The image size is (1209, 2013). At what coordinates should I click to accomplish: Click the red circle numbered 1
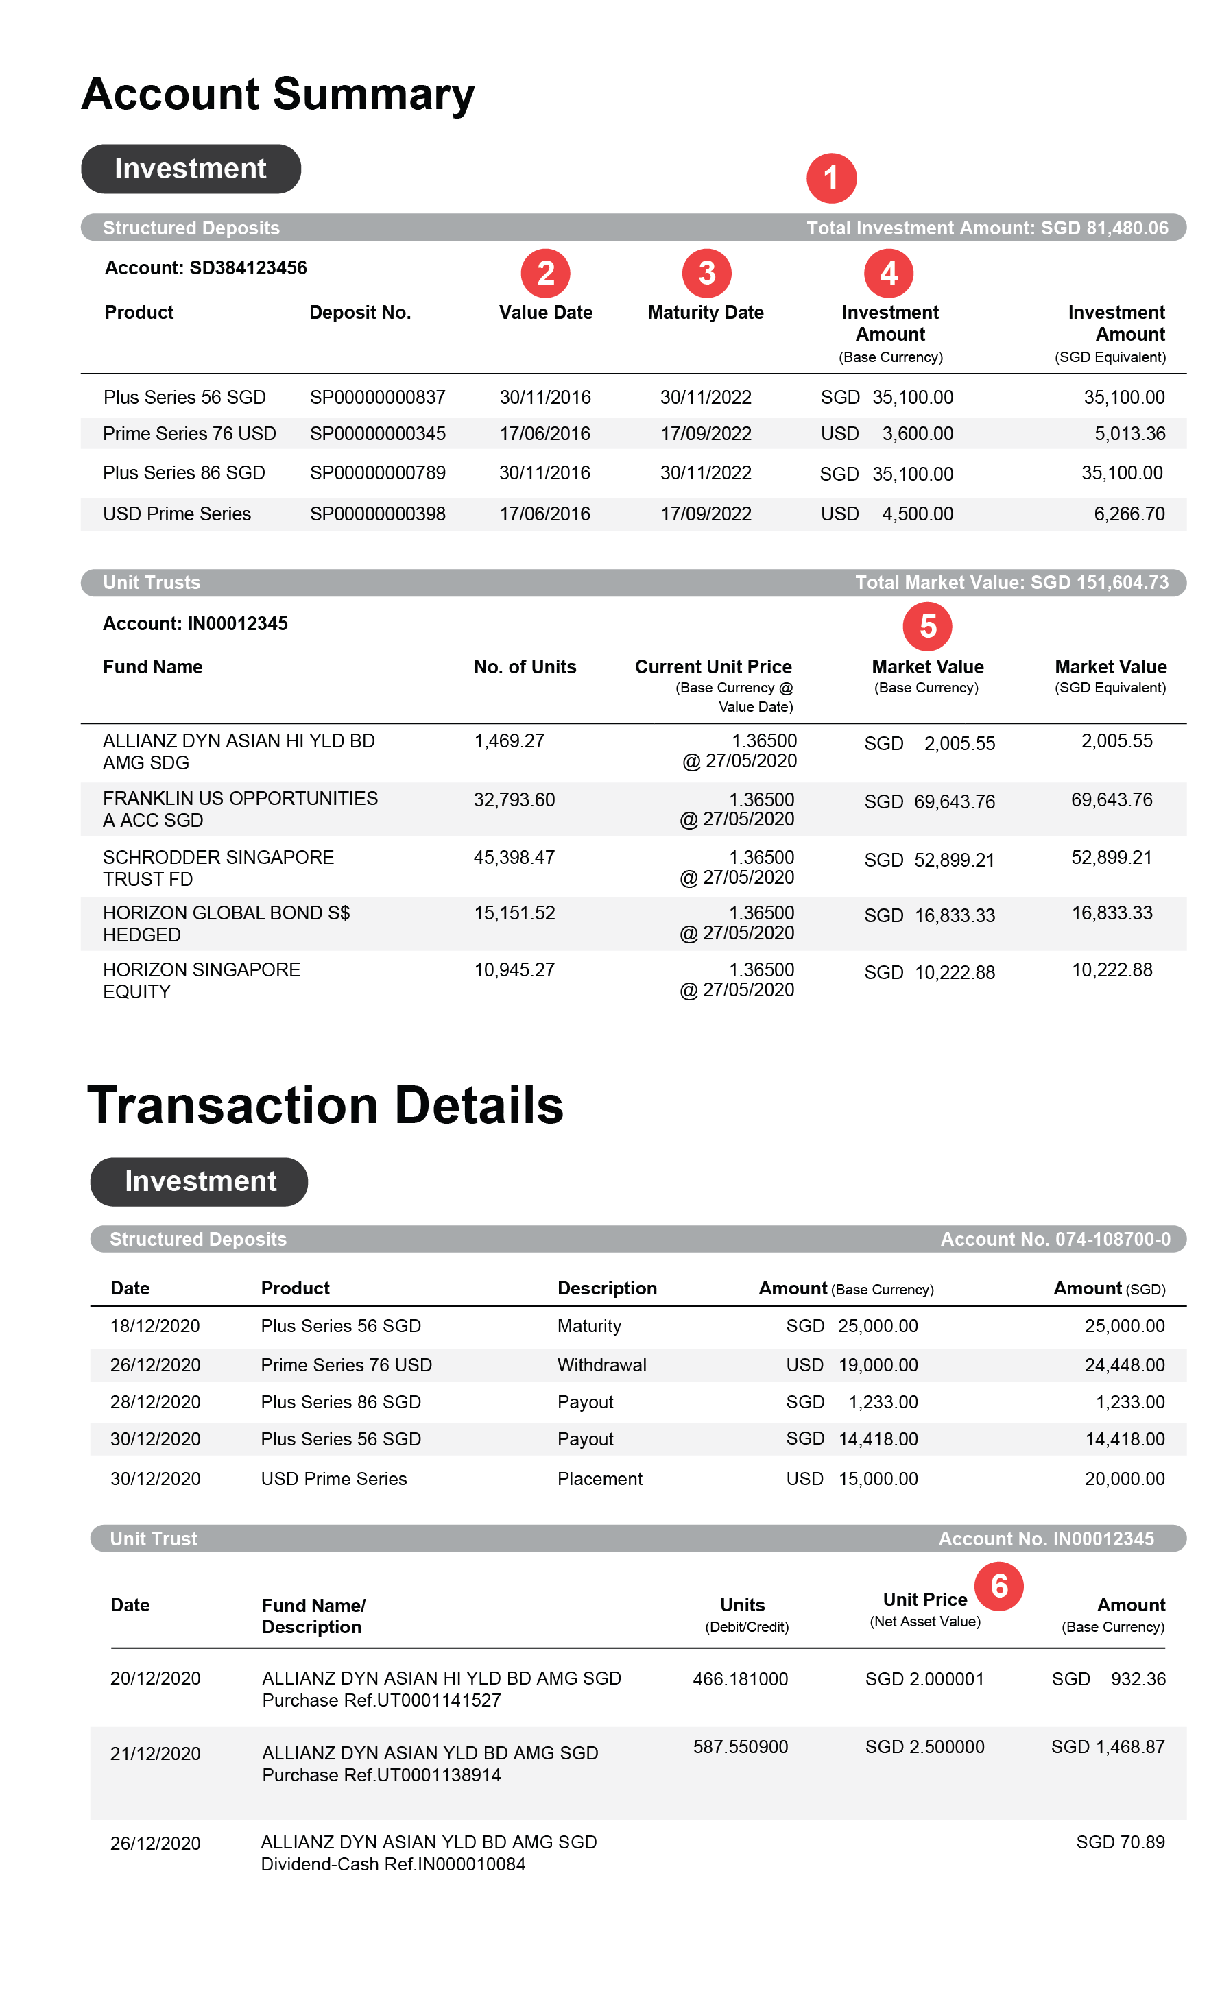pyautogui.click(x=831, y=178)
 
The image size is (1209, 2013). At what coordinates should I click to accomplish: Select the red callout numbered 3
pyautogui.click(x=706, y=273)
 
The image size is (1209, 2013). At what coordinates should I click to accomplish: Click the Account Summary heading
pyautogui.click(x=278, y=94)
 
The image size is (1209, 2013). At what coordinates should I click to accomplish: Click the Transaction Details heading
pyautogui.click(x=325, y=1105)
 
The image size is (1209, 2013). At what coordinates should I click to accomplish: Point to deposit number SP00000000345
pyautogui.click(x=377, y=433)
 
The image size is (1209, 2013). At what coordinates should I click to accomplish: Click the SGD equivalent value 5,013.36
pyautogui.click(x=1129, y=433)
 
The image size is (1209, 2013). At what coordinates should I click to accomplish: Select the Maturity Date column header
pyautogui.click(x=706, y=313)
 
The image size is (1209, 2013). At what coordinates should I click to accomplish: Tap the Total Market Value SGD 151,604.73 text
pyautogui.click(x=1011, y=582)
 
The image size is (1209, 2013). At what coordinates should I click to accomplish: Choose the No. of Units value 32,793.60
pyautogui.click(x=514, y=799)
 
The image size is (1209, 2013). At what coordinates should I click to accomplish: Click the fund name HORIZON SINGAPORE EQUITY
pyautogui.click(x=201, y=980)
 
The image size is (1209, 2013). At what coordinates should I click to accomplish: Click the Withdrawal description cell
pyautogui.click(x=601, y=1365)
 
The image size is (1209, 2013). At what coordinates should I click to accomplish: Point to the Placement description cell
pyautogui.click(x=599, y=1479)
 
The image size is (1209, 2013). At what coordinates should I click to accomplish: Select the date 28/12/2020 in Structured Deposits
pyautogui.click(x=155, y=1402)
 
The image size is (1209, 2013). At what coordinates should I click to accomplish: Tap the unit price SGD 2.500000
pyautogui.click(x=924, y=1747)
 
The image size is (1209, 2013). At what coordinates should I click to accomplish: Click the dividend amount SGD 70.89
pyautogui.click(x=1121, y=1842)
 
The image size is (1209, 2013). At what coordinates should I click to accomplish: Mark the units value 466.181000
pyautogui.click(x=740, y=1679)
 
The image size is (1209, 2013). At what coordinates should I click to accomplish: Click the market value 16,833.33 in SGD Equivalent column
pyautogui.click(x=1111, y=913)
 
